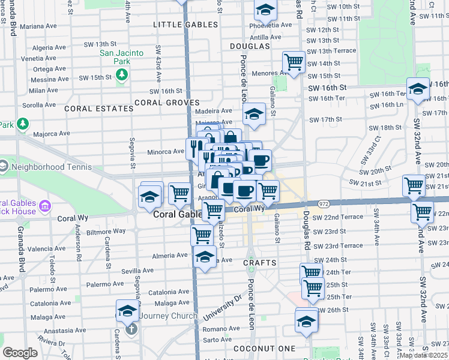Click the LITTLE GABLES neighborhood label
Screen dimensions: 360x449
pos(185,25)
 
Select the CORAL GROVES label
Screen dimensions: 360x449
pos(167,103)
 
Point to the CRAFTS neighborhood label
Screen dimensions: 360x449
pos(260,263)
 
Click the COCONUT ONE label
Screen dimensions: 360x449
pos(265,349)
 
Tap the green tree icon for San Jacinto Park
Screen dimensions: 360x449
pos(122,74)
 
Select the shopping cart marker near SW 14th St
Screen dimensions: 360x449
pos(294,62)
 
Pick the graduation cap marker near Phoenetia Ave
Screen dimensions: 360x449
pos(265,11)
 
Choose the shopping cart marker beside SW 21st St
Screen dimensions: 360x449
pos(414,186)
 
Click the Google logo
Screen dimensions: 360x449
pos(20,353)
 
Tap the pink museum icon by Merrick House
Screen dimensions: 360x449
pos(44,208)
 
